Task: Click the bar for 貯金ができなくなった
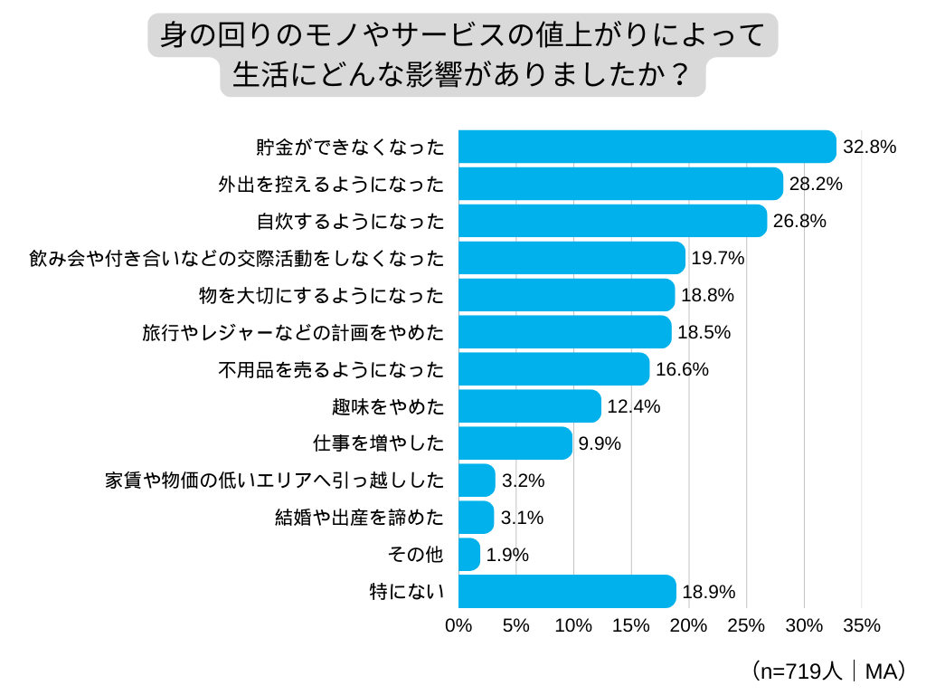(647, 147)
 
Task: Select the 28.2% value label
(816, 184)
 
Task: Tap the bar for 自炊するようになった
(612, 221)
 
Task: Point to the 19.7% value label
(717, 258)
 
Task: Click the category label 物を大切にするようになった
(321, 295)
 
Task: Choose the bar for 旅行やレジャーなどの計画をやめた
(565, 332)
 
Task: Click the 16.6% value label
(682, 369)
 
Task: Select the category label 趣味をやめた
(389, 406)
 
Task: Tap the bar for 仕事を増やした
(515, 443)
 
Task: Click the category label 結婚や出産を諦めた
(360, 518)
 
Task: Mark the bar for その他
(469, 555)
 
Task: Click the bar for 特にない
(567, 592)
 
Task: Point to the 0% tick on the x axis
(458, 625)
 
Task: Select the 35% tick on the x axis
(861, 625)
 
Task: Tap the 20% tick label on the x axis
(688, 625)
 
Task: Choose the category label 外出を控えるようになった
(331, 184)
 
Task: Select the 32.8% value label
(869, 147)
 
